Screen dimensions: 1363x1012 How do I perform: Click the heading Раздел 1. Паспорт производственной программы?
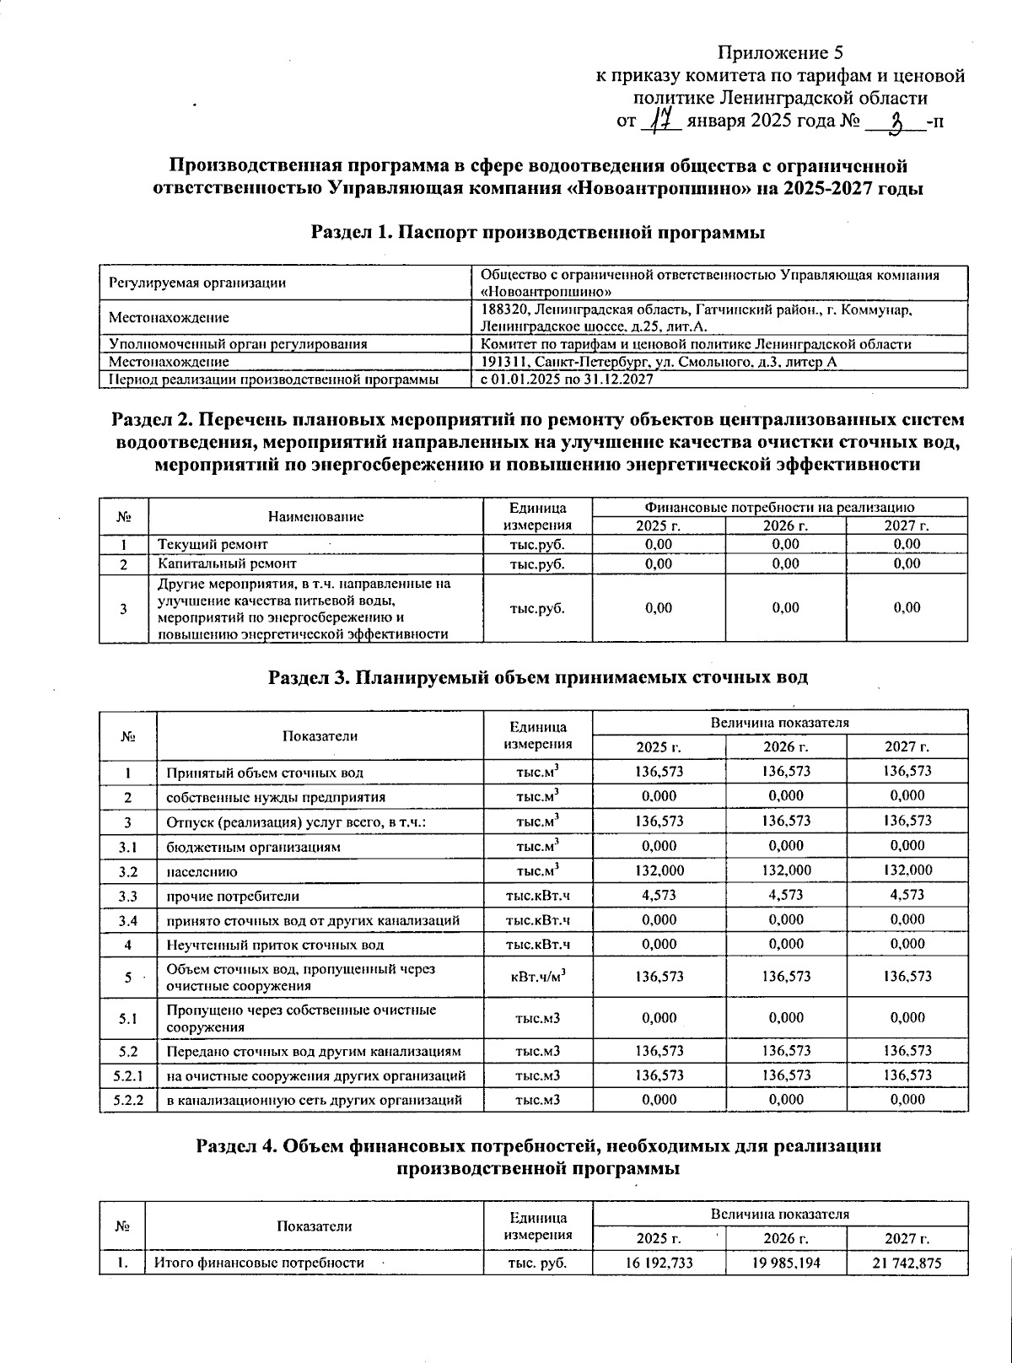[x=538, y=233]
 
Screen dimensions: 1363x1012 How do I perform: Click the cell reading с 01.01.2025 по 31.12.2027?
[x=567, y=380]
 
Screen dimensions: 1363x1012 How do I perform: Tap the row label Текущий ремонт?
[x=213, y=544]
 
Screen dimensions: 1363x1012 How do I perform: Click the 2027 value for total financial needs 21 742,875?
[x=907, y=1263]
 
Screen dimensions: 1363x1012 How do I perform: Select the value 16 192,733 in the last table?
[x=659, y=1263]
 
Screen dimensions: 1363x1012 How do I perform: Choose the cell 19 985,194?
[x=786, y=1263]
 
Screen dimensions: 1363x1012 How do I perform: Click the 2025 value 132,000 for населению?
[x=659, y=870]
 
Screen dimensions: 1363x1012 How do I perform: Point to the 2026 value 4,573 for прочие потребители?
[x=786, y=895]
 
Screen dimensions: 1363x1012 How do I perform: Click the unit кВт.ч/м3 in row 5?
[x=538, y=976]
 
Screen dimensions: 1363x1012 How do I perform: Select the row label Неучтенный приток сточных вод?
[x=275, y=945]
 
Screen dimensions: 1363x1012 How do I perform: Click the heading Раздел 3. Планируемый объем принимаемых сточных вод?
[x=538, y=676]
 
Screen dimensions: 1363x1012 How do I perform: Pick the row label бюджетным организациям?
[x=253, y=846]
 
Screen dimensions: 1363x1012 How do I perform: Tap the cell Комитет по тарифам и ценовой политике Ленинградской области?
[x=696, y=344]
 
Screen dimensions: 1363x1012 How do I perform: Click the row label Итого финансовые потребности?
[x=258, y=1263]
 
